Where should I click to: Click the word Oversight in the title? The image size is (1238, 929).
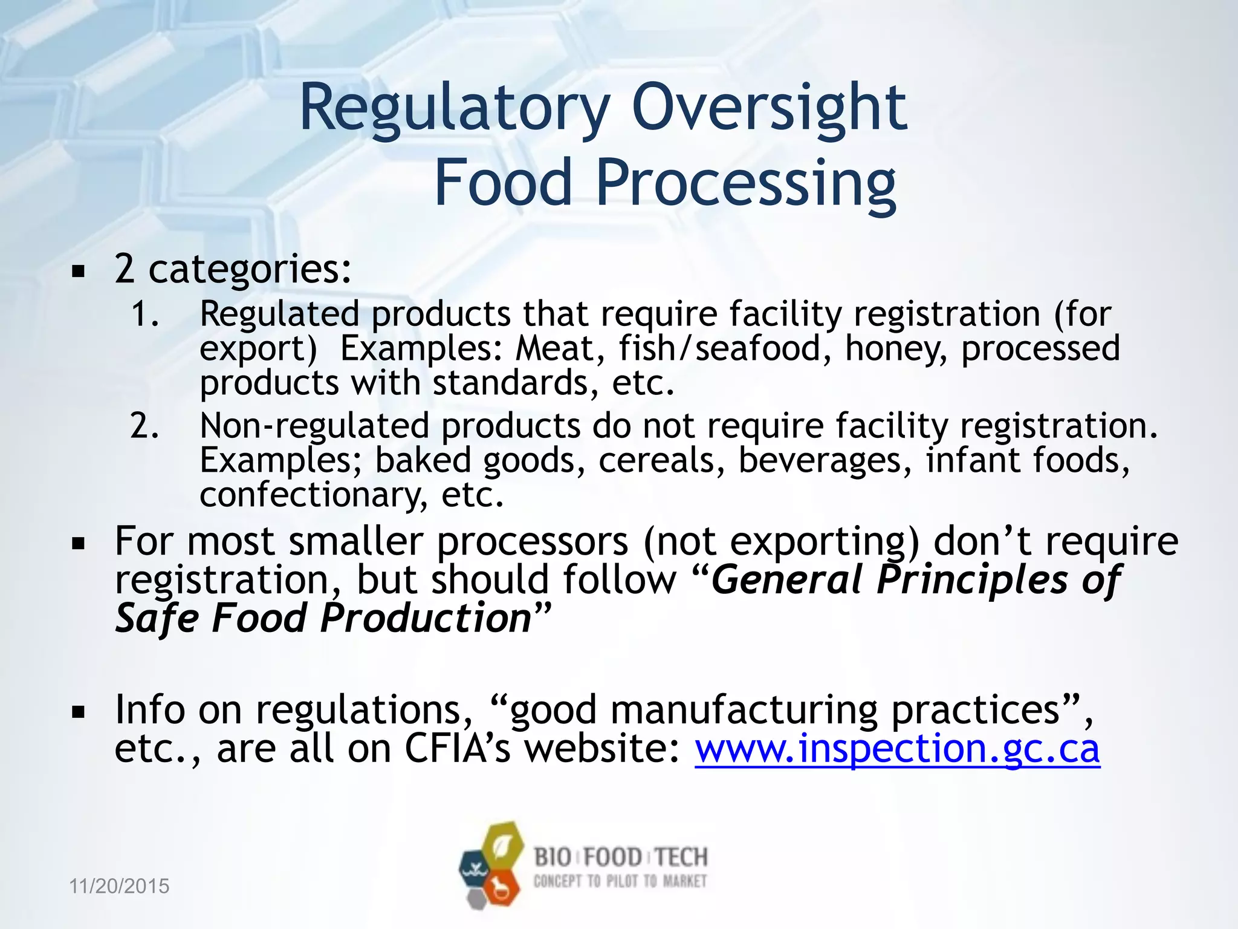click(768, 109)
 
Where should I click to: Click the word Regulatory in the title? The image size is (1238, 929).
click(454, 109)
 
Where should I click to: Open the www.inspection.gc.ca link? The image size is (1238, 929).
click(897, 749)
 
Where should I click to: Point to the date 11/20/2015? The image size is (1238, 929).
click(119, 886)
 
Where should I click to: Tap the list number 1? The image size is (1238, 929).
click(145, 315)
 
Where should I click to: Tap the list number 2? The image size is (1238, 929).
click(145, 426)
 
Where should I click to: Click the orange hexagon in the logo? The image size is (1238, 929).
click(502, 887)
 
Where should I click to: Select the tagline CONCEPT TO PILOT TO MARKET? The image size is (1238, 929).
click(620, 881)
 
